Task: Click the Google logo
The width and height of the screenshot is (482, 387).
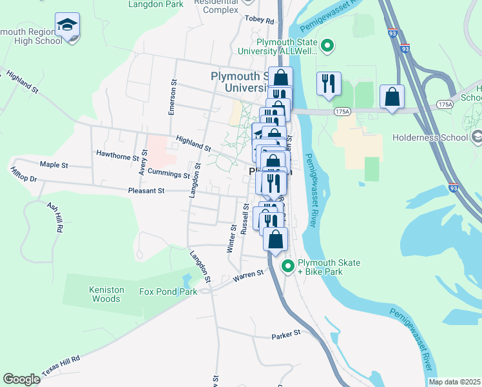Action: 21,379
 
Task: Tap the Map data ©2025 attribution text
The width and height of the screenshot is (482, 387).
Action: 454,382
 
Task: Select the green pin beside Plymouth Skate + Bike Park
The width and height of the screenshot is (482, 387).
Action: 288,265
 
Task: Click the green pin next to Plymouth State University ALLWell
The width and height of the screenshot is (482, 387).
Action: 327,46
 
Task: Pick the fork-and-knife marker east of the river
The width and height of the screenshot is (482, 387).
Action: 329,84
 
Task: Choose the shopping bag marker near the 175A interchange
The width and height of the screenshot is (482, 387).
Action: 392,97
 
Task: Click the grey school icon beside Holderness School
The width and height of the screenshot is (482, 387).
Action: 477,137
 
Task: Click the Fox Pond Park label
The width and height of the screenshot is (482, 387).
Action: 168,292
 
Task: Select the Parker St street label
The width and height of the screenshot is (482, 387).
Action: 286,334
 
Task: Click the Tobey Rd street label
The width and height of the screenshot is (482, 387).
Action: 260,19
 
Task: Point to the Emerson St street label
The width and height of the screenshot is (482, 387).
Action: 172,97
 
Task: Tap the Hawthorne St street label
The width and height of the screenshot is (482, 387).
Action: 117,155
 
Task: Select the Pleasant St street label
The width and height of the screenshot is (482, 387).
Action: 147,191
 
